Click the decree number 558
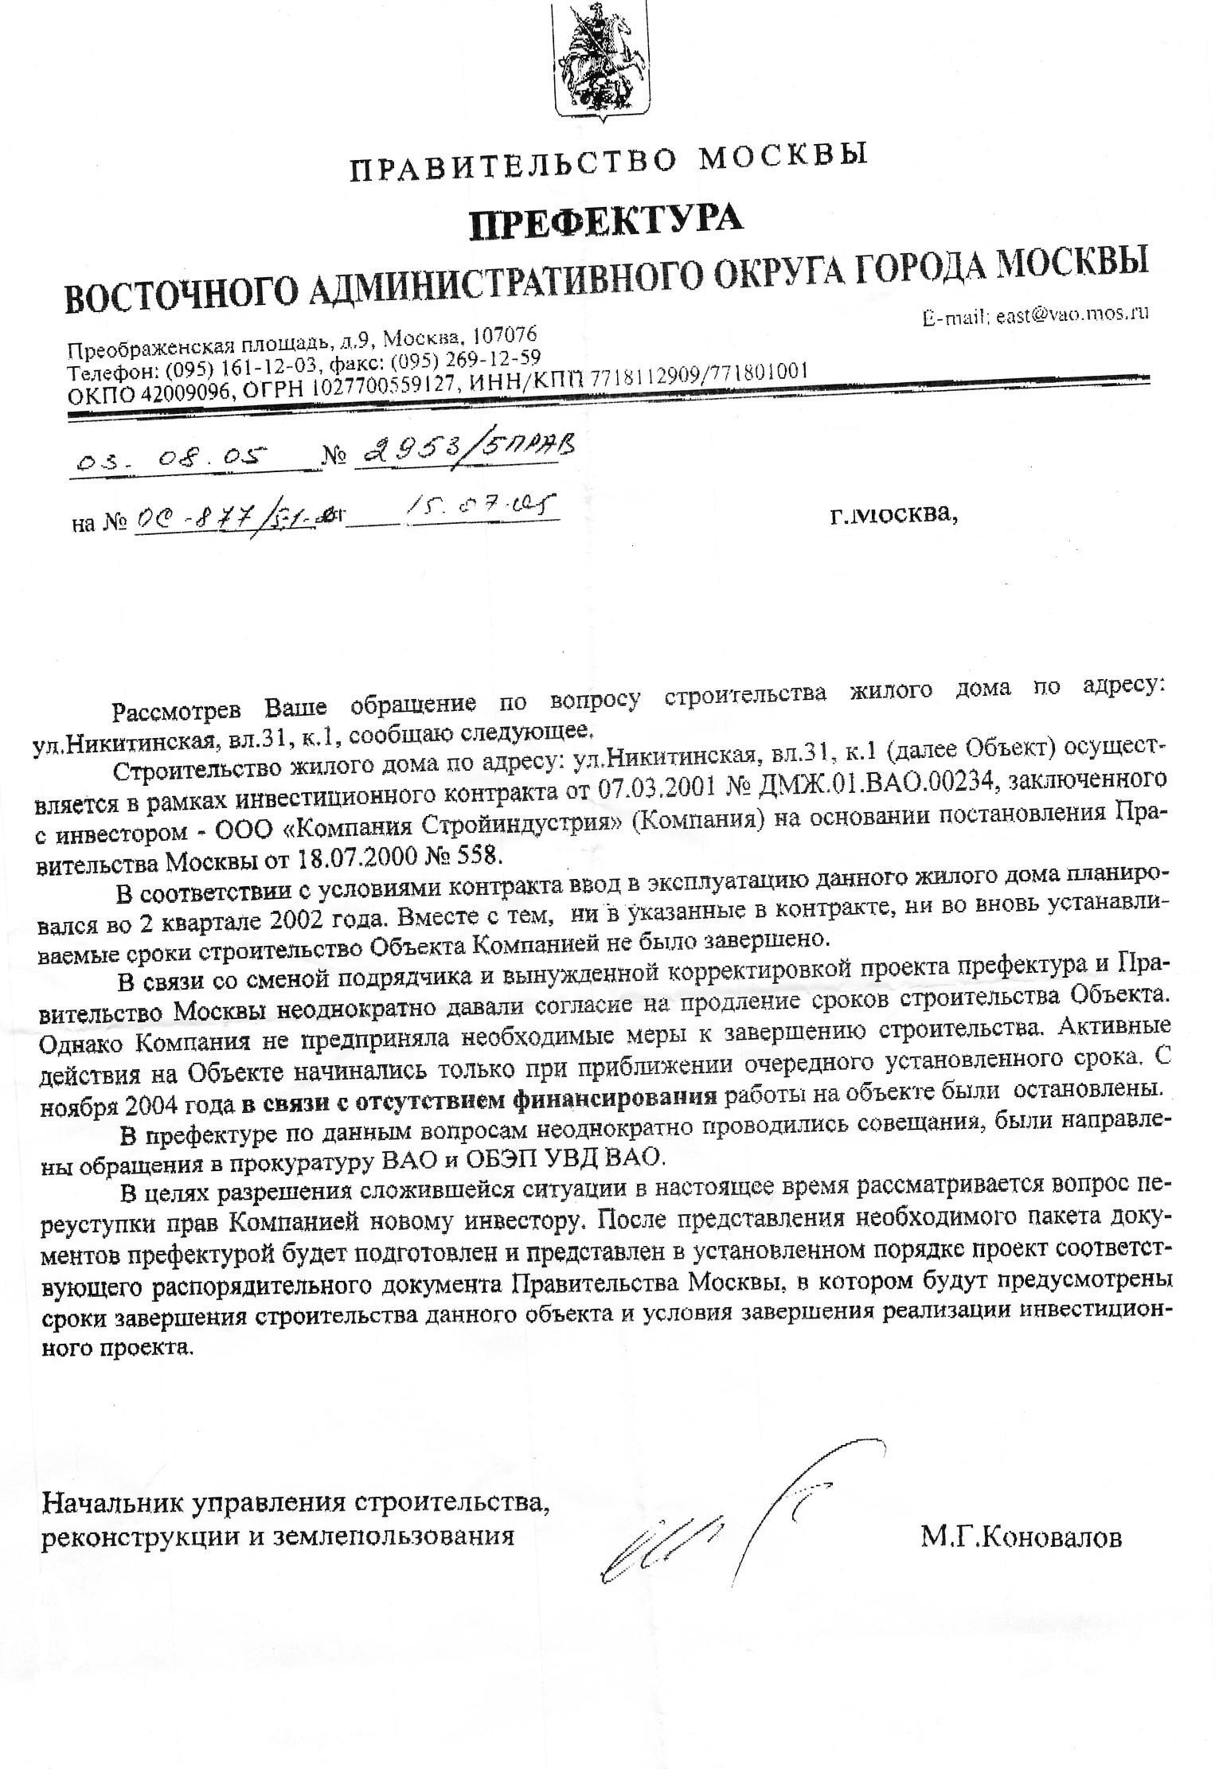(x=481, y=857)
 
